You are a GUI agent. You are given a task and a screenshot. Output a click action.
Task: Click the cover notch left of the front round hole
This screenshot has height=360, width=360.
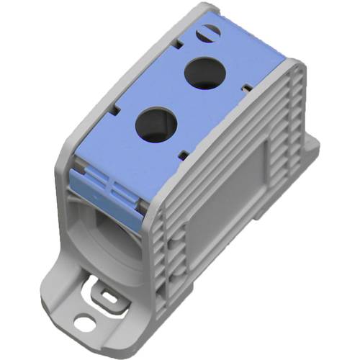point(116,111)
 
